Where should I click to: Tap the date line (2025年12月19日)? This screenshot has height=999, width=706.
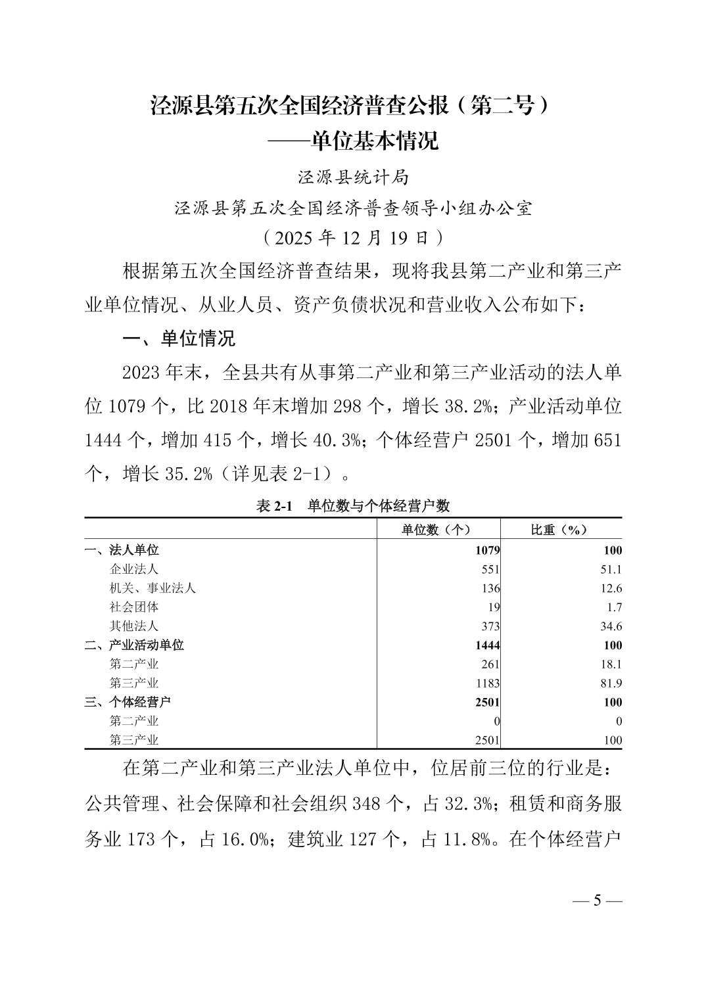coord(353,237)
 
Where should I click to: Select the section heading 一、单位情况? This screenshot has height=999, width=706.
coord(179,339)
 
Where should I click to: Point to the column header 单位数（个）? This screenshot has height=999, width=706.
coord(437,530)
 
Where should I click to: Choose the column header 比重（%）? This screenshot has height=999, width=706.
coord(559,530)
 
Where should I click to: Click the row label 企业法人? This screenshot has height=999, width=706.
coord(134,569)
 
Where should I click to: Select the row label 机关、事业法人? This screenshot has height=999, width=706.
coord(153,588)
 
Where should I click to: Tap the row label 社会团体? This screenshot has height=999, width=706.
coord(134,607)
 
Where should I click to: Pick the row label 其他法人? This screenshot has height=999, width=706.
coord(134,626)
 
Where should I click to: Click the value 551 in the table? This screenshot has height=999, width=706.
coord(490,569)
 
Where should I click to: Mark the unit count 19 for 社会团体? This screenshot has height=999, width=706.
coord(494,607)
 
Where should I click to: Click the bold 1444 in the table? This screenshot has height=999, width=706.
coord(488,645)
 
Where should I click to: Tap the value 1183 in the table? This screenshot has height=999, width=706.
coord(487,683)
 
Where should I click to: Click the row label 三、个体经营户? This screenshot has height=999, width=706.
coord(128,702)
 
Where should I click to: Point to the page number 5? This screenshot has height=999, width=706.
coord(597,900)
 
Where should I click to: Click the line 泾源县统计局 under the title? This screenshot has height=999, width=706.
coord(353,177)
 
